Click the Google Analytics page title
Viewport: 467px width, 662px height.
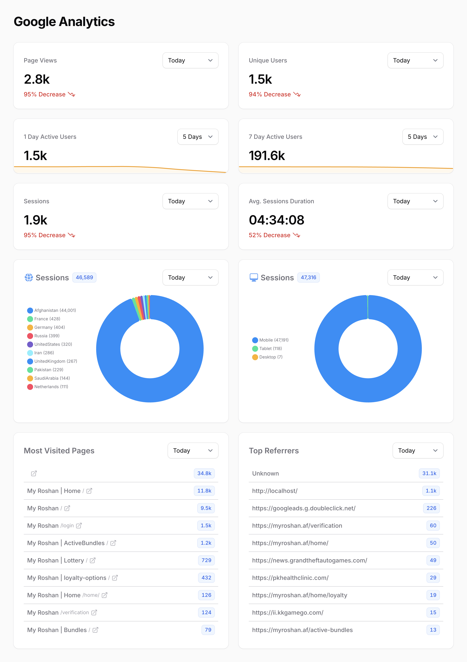64,22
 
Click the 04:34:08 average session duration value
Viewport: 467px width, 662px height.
276,220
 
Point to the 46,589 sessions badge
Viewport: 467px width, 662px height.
84,277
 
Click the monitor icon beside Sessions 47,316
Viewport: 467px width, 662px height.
254,277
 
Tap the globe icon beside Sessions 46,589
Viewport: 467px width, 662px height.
29,277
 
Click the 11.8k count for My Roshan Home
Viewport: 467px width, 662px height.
204,491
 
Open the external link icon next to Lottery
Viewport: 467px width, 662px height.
93,560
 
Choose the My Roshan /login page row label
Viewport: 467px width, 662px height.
50,526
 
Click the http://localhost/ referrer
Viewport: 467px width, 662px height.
275,491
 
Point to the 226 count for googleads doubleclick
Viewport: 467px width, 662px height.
431,508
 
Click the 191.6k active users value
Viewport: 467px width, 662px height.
267,156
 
